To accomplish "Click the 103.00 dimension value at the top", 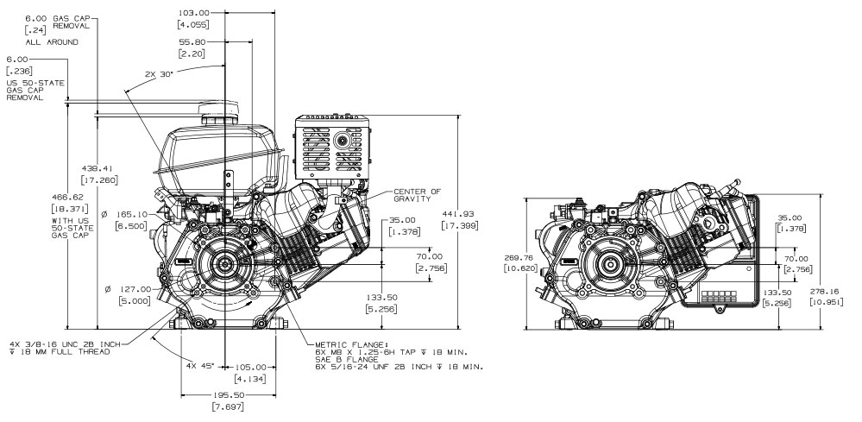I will point(192,14).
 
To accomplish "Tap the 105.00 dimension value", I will point(255,367).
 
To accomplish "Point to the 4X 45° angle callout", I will point(200,366).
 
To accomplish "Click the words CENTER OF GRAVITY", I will point(418,195).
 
